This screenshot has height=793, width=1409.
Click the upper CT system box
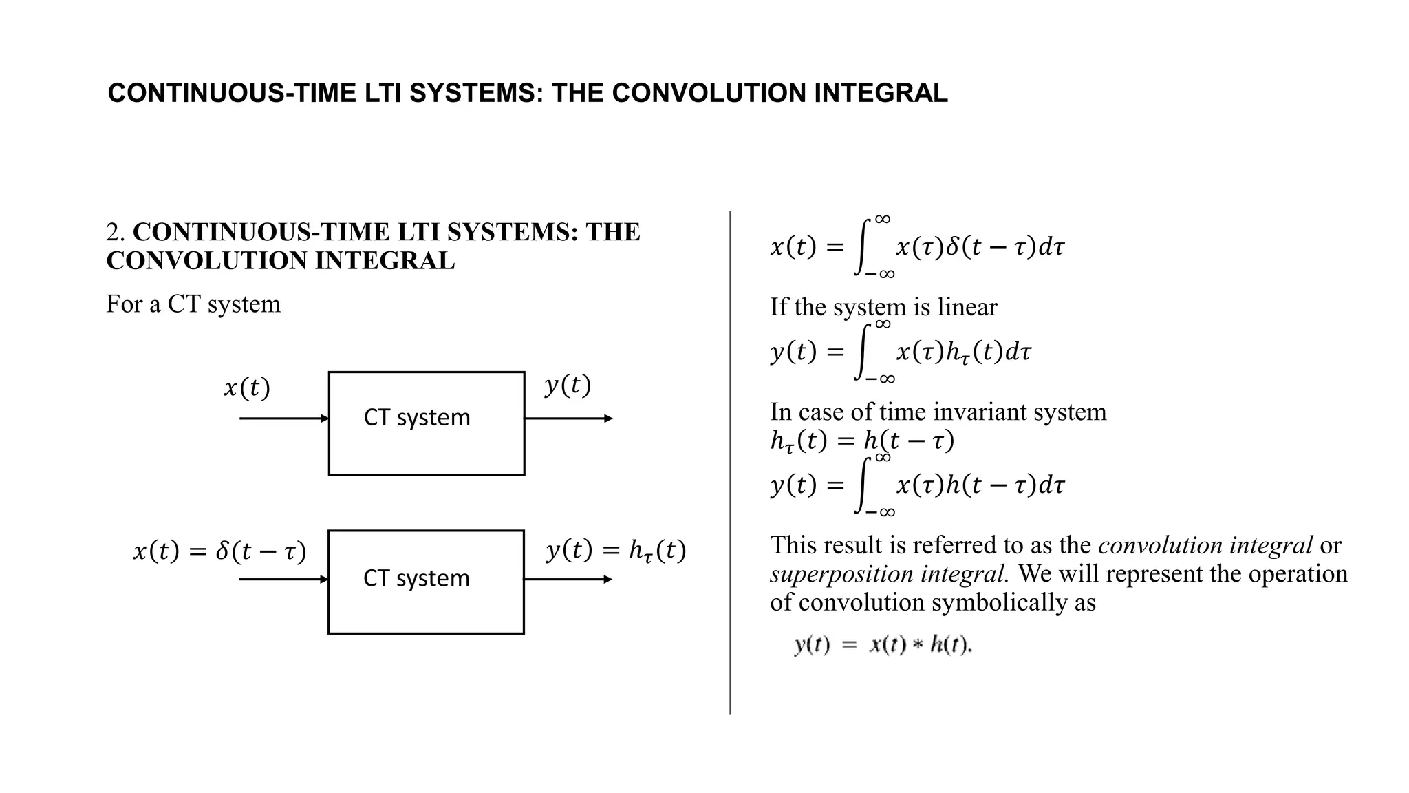pyautogui.click(x=427, y=423)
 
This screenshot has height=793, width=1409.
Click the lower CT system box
pyautogui.click(x=426, y=582)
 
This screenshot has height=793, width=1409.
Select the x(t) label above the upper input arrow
pyautogui.click(x=247, y=388)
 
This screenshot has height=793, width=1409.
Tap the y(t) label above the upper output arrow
pyautogui.click(x=568, y=385)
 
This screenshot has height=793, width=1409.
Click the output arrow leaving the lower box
pyautogui.click(x=568, y=580)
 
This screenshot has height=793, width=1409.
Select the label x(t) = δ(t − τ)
pyautogui.click(x=219, y=551)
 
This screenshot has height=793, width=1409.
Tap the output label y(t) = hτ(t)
pyautogui.click(x=616, y=551)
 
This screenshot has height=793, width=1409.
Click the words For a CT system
pyautogui.click(x=193, y=304)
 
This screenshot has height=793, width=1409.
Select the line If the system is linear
pyautogui.click(x=883, y=307)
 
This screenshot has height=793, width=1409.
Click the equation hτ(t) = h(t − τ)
pyautogui.click(x=861, y=441)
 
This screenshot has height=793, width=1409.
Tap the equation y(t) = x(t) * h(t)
pyautogui.click(x=883, y=645)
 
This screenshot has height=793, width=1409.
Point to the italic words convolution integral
pyautogui.click(x=1205, y=546)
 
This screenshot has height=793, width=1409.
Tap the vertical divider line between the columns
pyautogui.click(x=730, y=461)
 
